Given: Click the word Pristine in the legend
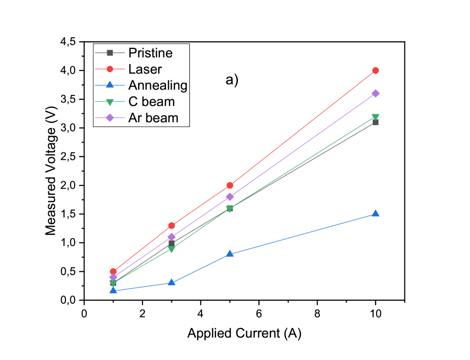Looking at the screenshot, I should tap(150, 53).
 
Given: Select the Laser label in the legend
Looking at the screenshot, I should tap(145, 69).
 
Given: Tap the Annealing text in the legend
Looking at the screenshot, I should tap(158, 85).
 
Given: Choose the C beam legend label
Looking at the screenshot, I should tap(151, 101).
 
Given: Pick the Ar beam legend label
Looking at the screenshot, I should tap(153, 117).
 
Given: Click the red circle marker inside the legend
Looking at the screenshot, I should tap(109, 69).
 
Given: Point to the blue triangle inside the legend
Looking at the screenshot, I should tap(109, 85).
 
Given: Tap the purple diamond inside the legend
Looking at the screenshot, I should tap(109, 117).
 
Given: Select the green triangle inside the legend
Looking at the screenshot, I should tap(109, 102).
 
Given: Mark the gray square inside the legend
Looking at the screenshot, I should tap(109, 53).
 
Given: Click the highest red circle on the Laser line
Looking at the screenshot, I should tap(376, 71).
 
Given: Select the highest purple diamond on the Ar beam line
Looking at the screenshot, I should tap(376, 93).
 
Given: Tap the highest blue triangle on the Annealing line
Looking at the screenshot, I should tap(376, 213).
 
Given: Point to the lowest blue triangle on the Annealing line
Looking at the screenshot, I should tap(113, 291).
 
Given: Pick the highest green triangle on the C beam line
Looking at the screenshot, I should tap(376, 117).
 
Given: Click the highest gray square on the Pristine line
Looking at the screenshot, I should tap(376, 122).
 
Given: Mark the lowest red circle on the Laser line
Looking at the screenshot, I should tap(113, 271).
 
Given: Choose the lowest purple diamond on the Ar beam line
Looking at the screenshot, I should tap(113, 277).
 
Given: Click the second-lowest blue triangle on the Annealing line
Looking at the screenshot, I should tap(172, 282).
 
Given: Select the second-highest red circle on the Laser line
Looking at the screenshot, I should tap(230, 185).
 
